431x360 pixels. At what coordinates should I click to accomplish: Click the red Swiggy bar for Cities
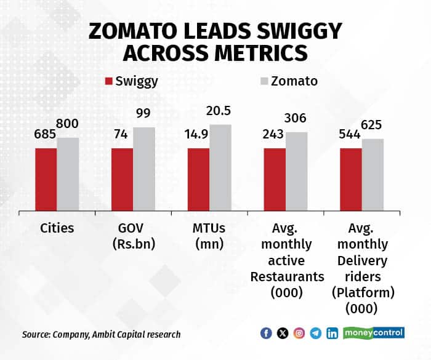(x=46, y=178)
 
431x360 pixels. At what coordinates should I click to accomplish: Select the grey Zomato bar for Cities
(x=68, y=174)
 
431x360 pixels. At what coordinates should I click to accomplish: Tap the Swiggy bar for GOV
(x=122, y=178)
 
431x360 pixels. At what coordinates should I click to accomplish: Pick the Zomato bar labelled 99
(x=144, y=169)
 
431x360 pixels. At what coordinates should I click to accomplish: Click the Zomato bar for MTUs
(x=220, y=167)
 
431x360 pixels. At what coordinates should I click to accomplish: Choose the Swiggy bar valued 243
(x=275, y=178)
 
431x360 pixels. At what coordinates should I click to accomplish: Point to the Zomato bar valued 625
(x=372, y=174)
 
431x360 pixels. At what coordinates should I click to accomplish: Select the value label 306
(x=296, y=118)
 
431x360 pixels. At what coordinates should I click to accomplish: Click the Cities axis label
(x=57, y=228)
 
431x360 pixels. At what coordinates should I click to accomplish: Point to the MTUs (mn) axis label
(x=209, y=236)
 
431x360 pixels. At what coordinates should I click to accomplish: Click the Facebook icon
(x=266, y=333)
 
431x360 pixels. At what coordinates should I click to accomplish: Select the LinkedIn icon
(x=332, y=333)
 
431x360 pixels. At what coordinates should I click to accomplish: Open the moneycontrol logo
(x=374, y=333)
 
